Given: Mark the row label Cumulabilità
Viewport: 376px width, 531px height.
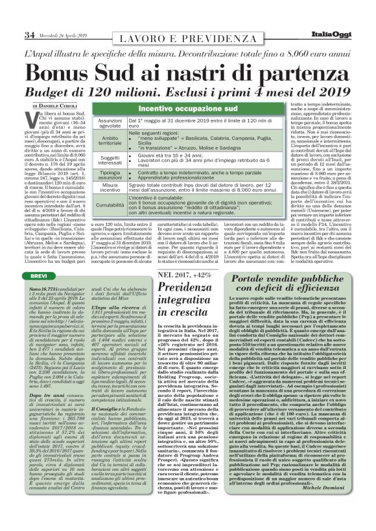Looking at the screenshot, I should pos(109,207).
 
